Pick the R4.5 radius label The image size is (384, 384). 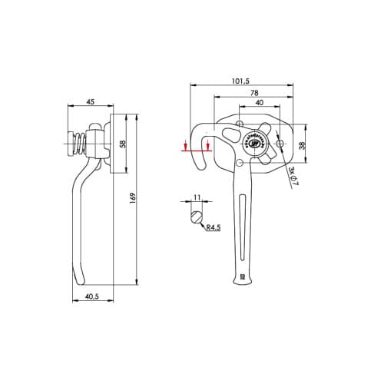tap(214, 227)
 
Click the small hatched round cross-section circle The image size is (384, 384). tap(197, 216)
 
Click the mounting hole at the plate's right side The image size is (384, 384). tap(280, 144)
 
